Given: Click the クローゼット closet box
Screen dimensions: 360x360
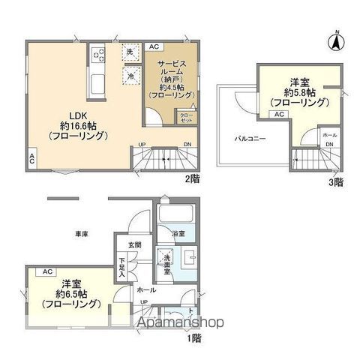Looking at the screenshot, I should pyautogui.click(x=187, y=116).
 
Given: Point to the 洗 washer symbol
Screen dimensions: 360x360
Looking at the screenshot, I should pyautogui.click(x=130, y=52).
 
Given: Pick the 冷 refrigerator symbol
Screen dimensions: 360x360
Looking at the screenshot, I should pyautogui.click(x=130, y=75).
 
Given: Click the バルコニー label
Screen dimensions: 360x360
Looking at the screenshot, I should pyautogui.click(x=247, y=139).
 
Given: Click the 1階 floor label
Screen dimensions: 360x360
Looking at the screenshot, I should pyautogui.click(x=193, y=337).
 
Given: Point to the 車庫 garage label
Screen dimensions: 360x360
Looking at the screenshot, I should pyautogui.click(x=81, y=235).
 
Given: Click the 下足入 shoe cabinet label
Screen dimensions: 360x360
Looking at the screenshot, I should pyautogui.click(x=121, y=268).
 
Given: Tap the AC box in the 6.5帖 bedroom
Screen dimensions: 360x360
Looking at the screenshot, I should pyautogui.click(x=46, y=271).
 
